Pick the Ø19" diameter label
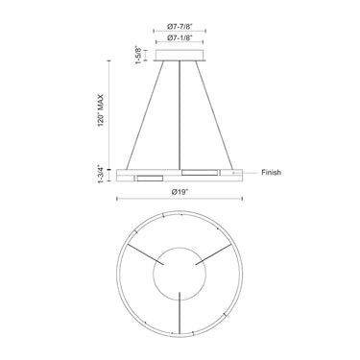180,192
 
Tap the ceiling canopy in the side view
180,58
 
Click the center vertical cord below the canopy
180,115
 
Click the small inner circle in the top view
180,275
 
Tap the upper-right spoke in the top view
217,253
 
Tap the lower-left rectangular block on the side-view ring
150,178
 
